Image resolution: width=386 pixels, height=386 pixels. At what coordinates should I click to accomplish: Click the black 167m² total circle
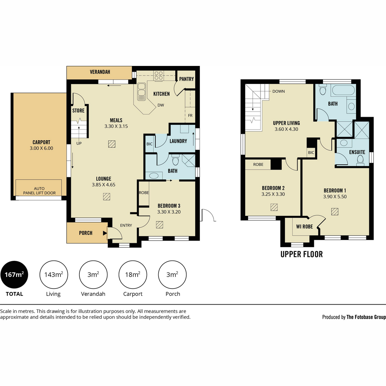14,275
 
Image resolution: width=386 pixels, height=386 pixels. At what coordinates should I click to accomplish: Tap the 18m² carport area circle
133,275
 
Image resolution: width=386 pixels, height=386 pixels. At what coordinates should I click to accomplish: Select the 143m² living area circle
54,275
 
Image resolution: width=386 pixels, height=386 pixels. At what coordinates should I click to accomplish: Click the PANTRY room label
187,79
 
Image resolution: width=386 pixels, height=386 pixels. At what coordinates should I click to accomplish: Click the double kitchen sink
142,92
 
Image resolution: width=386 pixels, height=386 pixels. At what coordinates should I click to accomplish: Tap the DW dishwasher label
161,105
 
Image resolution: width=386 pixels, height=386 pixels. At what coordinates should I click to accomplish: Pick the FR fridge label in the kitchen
190,115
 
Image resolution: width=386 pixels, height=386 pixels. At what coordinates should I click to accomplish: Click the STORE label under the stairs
78,111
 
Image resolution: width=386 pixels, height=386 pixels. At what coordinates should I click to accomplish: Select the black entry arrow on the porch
105,233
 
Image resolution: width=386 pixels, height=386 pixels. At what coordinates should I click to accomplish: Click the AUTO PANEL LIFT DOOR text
39,191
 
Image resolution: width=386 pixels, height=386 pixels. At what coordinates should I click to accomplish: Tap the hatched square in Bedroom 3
160,225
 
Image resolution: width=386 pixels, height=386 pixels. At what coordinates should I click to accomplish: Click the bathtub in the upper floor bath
343,90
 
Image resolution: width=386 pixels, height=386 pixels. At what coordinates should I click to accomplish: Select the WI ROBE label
305,226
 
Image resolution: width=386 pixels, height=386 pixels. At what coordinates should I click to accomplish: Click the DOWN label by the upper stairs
279,91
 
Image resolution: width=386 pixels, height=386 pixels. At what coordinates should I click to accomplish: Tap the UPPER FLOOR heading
301,254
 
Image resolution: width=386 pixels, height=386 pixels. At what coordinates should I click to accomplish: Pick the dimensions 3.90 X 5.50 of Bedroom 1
335,197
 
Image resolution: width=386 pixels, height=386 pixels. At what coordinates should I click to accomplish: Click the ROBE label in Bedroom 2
258,164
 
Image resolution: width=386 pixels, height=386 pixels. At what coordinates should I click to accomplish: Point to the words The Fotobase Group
366,317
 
